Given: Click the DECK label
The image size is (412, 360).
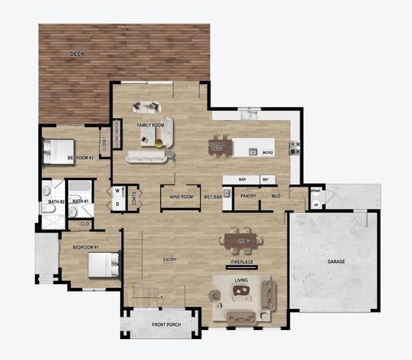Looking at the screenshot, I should tap(77, 54).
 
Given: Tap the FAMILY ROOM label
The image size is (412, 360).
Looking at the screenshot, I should tap(151, 125).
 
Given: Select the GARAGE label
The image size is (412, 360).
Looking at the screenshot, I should tap(336, 262).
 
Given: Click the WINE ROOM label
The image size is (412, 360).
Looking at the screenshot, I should tap(181, 196).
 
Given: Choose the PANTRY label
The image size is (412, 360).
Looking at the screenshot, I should tap(248, 196).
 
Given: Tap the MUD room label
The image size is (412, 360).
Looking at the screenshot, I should tap(276, 196).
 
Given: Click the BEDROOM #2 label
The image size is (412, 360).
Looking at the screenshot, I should tap(80, 157).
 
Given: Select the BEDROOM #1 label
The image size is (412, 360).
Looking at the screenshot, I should tap(85, 247).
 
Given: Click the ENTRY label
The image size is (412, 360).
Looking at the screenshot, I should tap(170, 259).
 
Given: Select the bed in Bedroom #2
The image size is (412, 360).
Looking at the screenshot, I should tap(58, 151).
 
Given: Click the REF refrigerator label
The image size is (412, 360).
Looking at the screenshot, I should tap(265, 180).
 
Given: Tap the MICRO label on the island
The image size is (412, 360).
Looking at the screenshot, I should tap(267, 152).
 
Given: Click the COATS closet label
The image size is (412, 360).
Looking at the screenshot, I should tap(133, 198).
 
